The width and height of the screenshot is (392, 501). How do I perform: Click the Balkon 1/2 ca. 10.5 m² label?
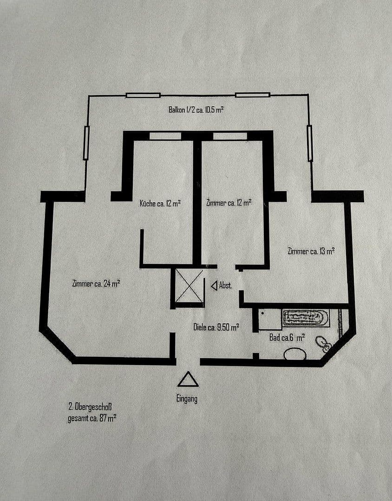pyautogui.click(x=196, y=110)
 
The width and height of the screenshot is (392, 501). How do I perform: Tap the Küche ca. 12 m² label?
pyautogui.click(x=160, y=203)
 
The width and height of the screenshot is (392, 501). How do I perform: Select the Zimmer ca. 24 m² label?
pyautogui.click(x=97, y=284)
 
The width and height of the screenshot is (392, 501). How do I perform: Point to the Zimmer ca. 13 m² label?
pyautogui.click(x=311, y=251)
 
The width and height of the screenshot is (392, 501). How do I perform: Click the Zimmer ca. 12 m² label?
pyautogui.click(x=229, y=203)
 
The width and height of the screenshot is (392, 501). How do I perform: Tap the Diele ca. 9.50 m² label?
pyautogui.click(x=216, y=327)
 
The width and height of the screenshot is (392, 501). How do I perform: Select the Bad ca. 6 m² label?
pyautogui.click(x=287, y=338)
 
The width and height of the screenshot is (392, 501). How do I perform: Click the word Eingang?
pyautogui.click(x=188, y=398)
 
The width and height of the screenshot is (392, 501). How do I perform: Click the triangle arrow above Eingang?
pyautogui.click(x=188, y=380)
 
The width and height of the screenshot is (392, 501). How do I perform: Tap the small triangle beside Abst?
pyautogui.click(x=214, y=286)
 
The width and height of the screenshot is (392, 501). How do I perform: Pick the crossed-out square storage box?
pyautogui.click(x=189, y=286)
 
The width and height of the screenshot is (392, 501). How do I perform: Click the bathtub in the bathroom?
pyautogui.click(x=306, y=318)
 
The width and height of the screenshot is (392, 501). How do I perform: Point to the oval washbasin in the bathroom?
pyautogui.click(x=294, y=354)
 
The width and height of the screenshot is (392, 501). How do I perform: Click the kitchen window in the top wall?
pyautogui.click(x=165, y=136)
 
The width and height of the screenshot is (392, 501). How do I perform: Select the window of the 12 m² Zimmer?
pyautogui.click(x=230, y=136)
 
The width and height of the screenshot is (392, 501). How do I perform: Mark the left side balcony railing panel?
pyautogui.click(x=86, y=143)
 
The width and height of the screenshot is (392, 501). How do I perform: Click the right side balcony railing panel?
pyautogui.click(x=310, y=143)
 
